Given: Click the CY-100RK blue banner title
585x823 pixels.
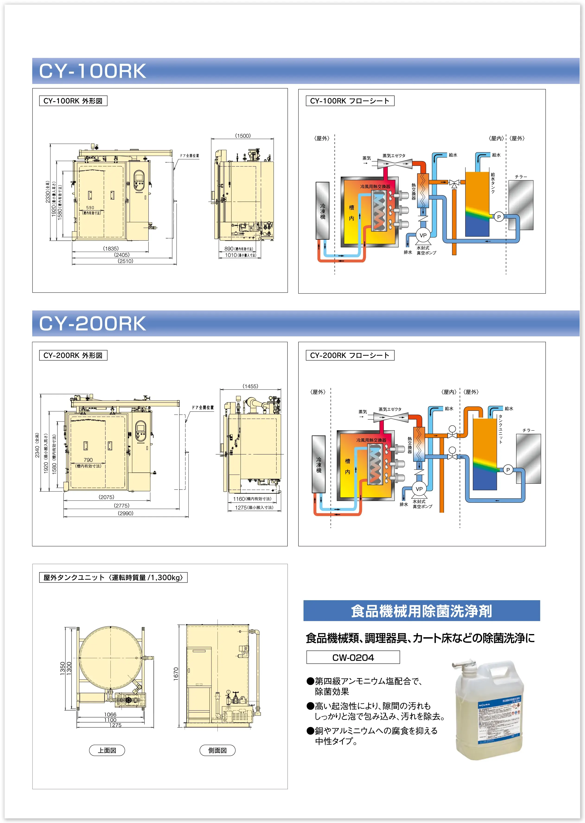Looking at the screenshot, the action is (93, 71).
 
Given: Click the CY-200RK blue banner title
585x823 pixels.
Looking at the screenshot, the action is (93, 323).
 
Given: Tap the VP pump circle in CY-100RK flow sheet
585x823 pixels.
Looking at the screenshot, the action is (423, 235).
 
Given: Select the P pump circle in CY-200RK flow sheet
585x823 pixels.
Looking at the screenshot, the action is (508, 470).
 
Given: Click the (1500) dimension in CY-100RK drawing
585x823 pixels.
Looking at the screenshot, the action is (243, 136).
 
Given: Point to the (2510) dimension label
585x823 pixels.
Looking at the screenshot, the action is (125, 261).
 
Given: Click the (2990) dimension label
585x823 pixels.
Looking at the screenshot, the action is (125, 513).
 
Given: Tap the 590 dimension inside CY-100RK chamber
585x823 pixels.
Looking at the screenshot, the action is (90, 208).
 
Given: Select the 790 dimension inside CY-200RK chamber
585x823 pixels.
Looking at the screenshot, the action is (88, 460).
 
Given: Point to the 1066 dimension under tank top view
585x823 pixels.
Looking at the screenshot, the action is (110, 715).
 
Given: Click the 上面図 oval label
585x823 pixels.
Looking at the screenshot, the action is (107, 750).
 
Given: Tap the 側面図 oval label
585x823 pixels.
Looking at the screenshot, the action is (217, 750).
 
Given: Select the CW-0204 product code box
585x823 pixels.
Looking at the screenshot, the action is (353, 657).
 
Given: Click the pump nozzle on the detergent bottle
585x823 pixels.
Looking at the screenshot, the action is (465, 664).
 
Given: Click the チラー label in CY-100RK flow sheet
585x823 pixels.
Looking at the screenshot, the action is (521, 177).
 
